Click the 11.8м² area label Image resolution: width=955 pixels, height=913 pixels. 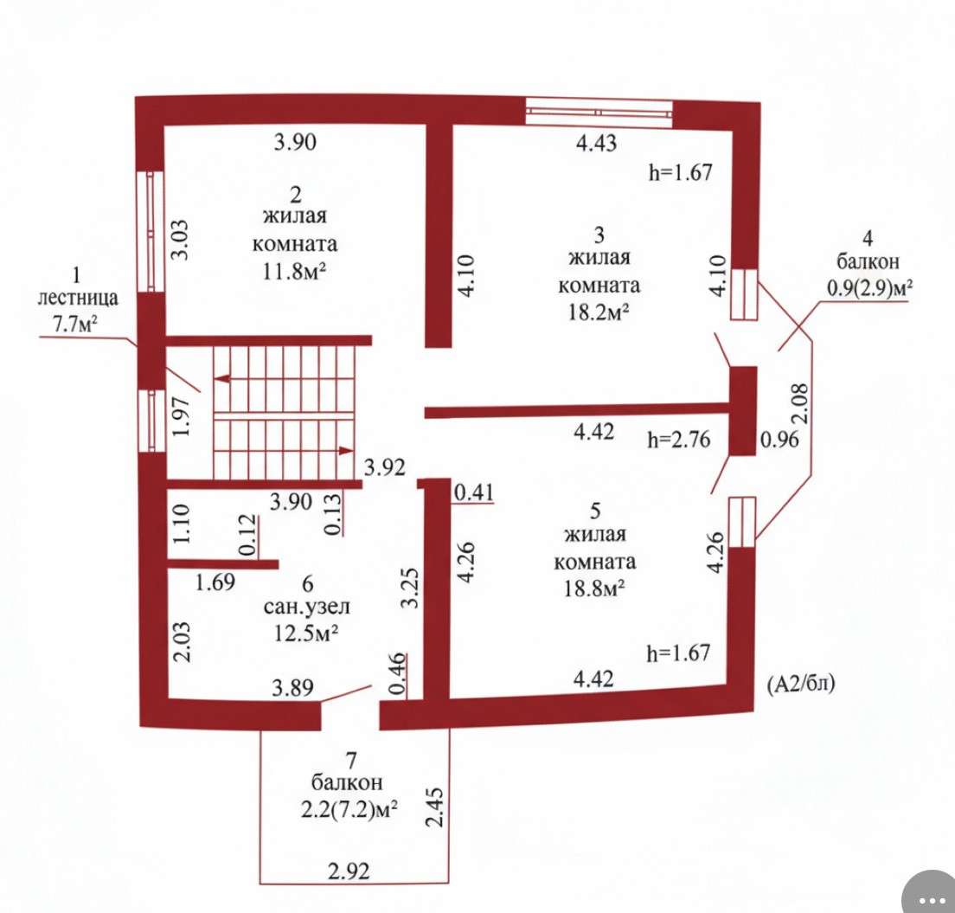(x=293, y=271)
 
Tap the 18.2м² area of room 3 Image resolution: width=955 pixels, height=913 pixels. (x=599, y=312)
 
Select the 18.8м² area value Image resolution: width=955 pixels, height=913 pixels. (x=594, y=588)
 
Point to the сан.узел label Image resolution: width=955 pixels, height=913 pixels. (x=307, y=607)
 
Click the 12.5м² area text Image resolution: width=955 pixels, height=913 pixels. (x=306, y=633)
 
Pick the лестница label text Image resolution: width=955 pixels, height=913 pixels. (x=78, y=299)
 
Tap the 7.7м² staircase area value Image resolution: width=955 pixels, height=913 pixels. (x=75, y=325)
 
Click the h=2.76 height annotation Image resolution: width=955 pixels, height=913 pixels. (x=678, y=440)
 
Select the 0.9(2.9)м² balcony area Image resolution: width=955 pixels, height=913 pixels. (x=869, y=287)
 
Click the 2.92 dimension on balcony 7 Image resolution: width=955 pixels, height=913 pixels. (x=349, y=871)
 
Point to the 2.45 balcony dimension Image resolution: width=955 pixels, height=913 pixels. (x=435, y=807)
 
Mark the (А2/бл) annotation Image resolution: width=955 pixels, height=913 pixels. (x=801, y=685)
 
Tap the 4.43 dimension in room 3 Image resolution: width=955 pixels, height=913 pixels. (x=596, y=143)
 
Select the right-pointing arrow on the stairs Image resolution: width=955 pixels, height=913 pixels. (x=346, y=450)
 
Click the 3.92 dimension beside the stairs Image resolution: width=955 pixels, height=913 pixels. (x=384, y=467)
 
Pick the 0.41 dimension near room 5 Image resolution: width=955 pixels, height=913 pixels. (x=474, y=492)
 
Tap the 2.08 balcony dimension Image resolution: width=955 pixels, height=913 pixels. (x=799, y=403)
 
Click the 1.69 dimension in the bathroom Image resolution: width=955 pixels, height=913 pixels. (x=215, y=582)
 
